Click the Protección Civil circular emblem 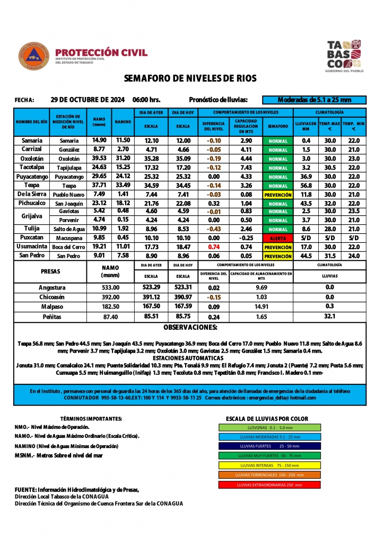point(34,57)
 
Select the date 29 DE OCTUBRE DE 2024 point(88,100)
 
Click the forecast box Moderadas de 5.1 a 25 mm point(315,100)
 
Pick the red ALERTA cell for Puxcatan point(278,238)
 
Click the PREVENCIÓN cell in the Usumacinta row point(278,247)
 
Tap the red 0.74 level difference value point(214,247)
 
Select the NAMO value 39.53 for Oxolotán point(99,158)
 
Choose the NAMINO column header point(123,122)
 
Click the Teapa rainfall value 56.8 point(306,186)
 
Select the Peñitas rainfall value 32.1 point(329,317)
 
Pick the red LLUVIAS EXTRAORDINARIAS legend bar point(269,485)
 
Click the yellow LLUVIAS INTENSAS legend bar point(269,465)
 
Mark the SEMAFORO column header point(278,126)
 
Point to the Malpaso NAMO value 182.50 point(110,306)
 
